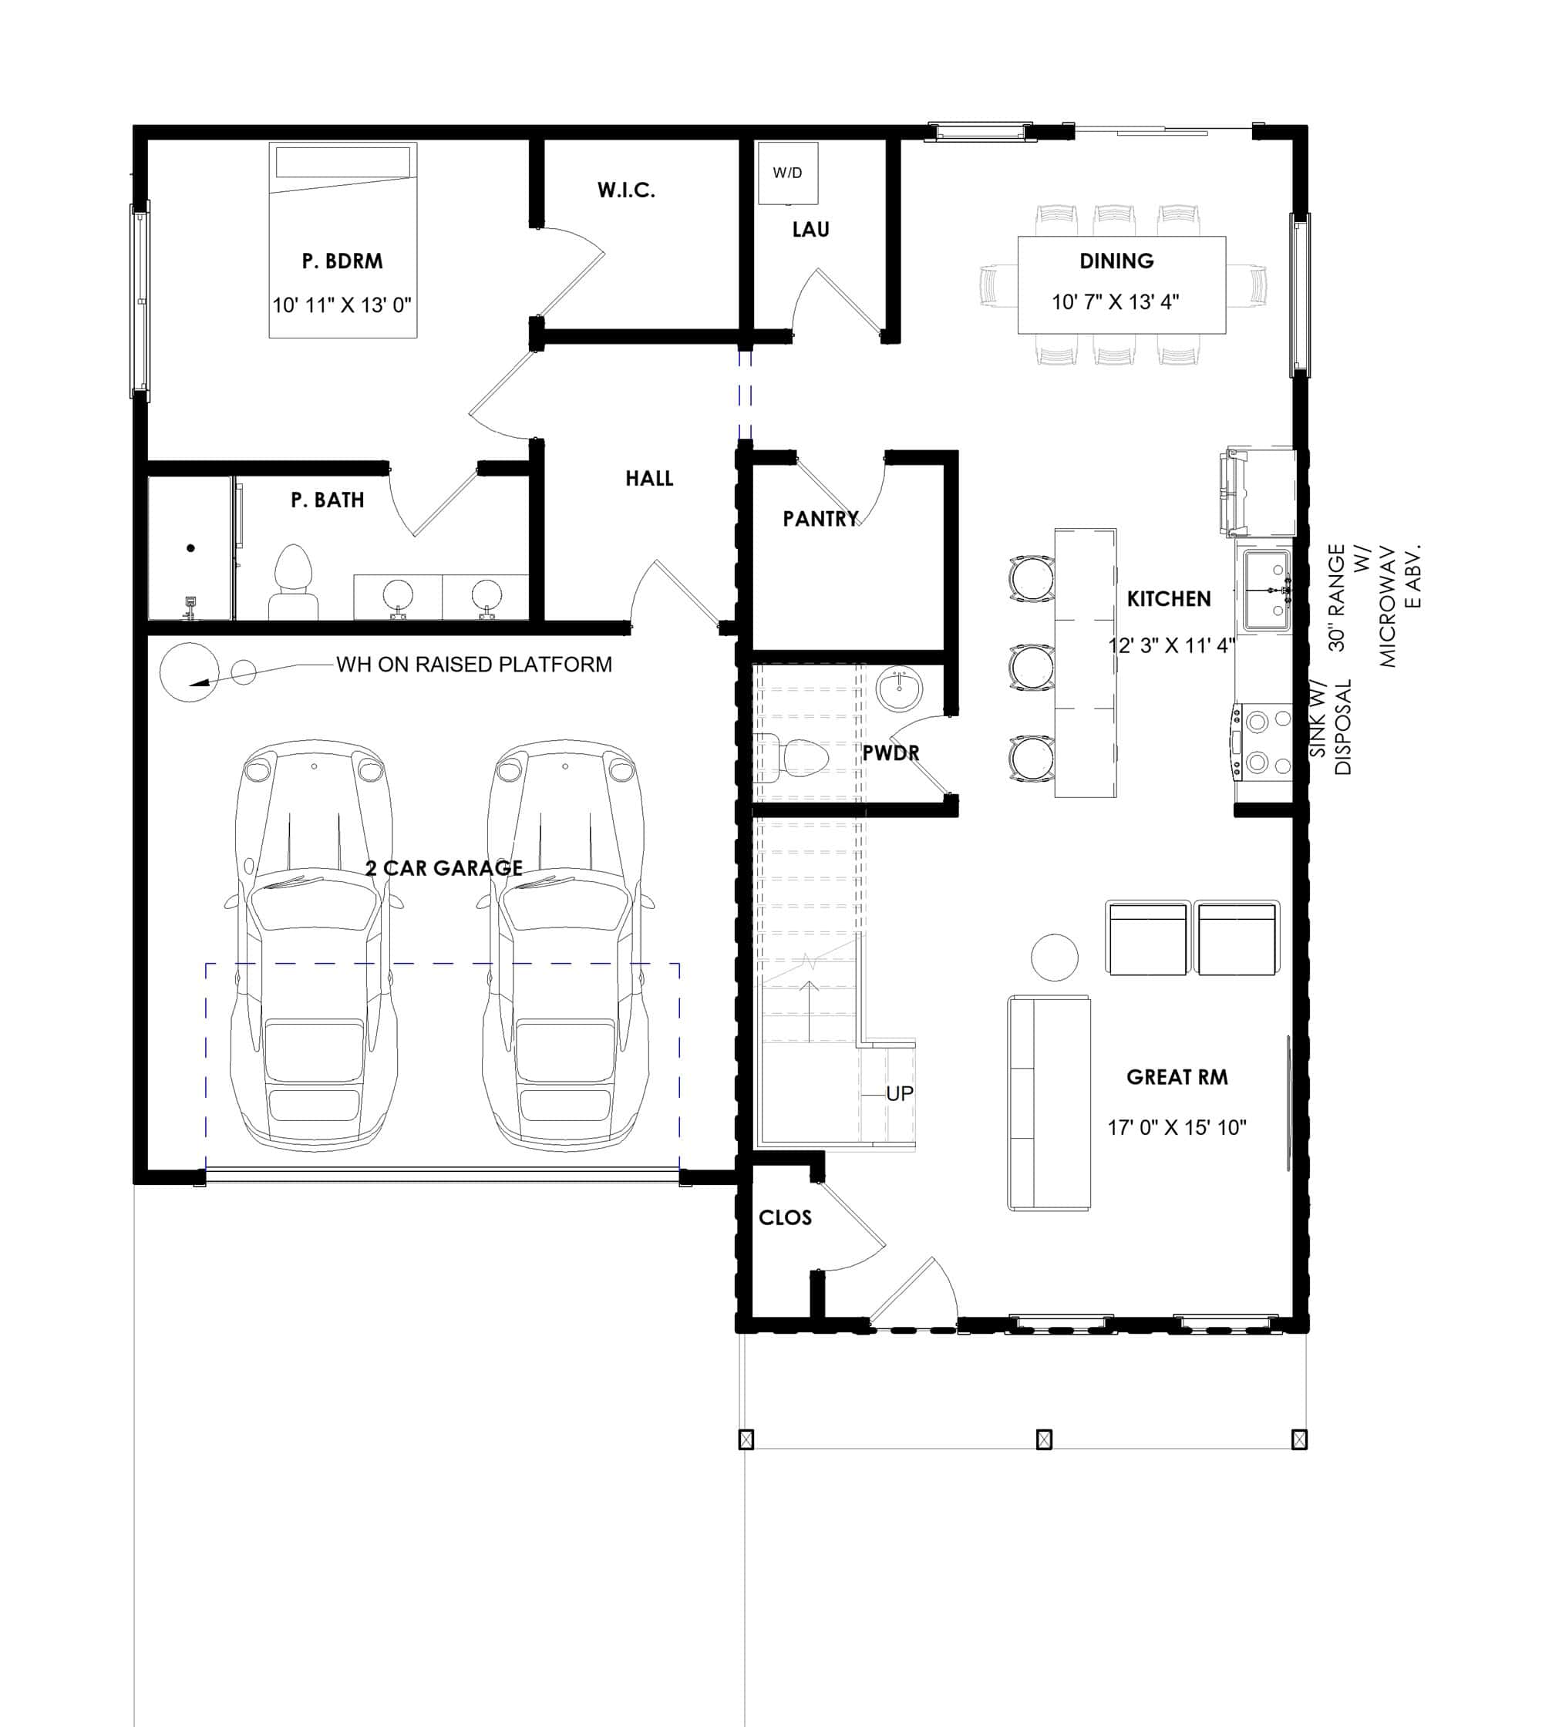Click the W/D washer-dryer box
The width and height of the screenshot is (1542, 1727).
click(x=787, y=173)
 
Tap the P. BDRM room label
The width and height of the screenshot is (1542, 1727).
click(x=342, y=261)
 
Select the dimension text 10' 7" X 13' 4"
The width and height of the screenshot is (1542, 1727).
click(x=1115, y=301)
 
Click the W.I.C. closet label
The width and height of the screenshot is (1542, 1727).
click(x=626, y=190)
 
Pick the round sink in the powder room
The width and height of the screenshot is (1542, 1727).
click(x=899, y=689)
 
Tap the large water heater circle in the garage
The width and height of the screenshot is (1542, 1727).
click(x=189, y=672)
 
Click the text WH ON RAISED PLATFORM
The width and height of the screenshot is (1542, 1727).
click(x=473, y=665)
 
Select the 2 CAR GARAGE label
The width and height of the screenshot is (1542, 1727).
click(x=444, y=867)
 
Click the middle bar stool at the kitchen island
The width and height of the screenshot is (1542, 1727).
click(x=1031, y=668)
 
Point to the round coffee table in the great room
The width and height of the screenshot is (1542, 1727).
click(x=1054, y=957)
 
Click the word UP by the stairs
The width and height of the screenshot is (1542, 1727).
click(x=900, y=1093)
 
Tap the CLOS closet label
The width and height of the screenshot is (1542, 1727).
click(x=785, y=1217)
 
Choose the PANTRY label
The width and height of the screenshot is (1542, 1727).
click(x=820, y=519)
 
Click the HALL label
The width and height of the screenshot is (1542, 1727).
click(x=649, y=479)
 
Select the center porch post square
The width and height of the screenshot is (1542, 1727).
click(x=1044, y=1439)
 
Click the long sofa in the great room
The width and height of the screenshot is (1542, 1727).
click(x=1048, y=1103)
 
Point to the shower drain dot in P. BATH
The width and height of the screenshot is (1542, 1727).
click(x=190, y=548)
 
